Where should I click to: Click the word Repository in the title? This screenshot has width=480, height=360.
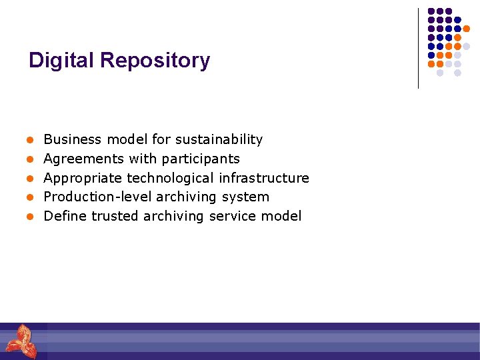155,61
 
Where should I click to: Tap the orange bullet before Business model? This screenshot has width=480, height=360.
30,141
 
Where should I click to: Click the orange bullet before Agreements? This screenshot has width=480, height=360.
30,159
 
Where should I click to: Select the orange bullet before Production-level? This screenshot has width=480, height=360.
30,198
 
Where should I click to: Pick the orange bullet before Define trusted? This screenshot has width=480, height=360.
30,217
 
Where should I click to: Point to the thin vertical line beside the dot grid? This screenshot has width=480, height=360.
418,48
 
